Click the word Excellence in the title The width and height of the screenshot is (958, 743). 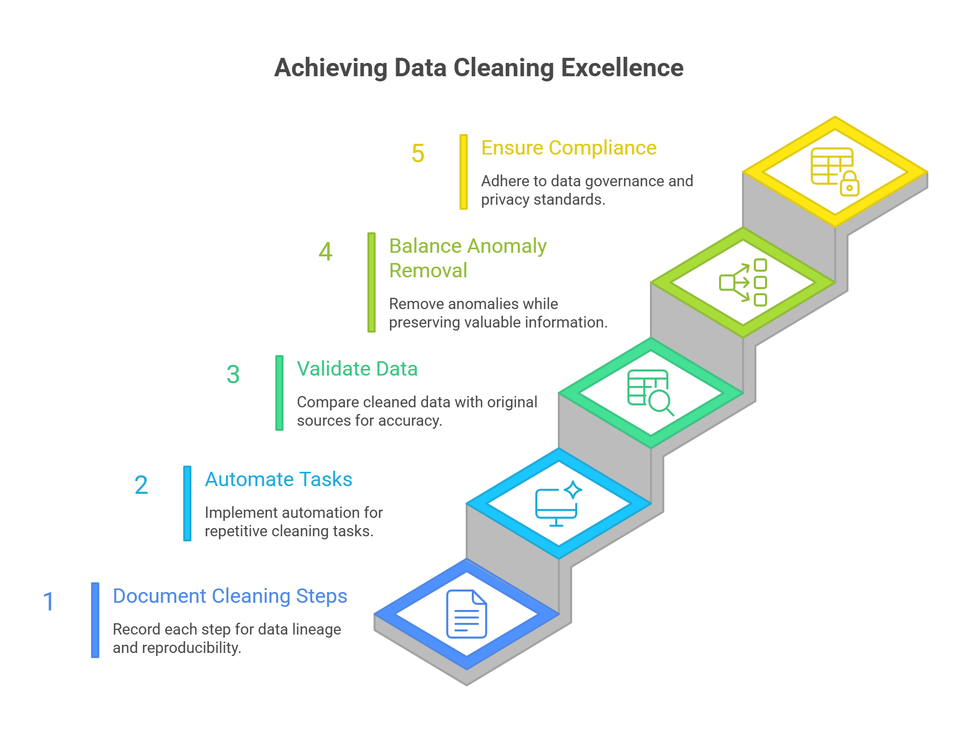[x=622, y=68]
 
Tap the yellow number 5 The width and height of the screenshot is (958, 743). [x=418, y=154]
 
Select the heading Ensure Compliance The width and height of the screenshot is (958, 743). [x=569, y=148]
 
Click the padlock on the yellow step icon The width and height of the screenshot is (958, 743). [x=850, y=185]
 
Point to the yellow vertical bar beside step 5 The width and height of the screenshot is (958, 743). [x=464, y=172]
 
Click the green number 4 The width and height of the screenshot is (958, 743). [x=325, y=252]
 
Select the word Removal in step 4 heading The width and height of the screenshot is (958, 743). [x=428, y=271]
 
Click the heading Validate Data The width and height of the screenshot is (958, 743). [x=357, y=369]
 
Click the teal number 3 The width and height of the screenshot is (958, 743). [x=233, y=375]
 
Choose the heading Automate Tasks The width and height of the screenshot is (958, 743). [x=278, y=479]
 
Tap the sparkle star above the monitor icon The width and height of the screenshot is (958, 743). [x=573, y=490]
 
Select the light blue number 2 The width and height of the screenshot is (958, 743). [x=141, y=485]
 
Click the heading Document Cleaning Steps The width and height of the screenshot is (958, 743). [x=230, y=596]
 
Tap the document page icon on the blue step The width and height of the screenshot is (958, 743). [x=466, y=614]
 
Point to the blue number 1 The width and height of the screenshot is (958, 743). [x=49, y=602]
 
